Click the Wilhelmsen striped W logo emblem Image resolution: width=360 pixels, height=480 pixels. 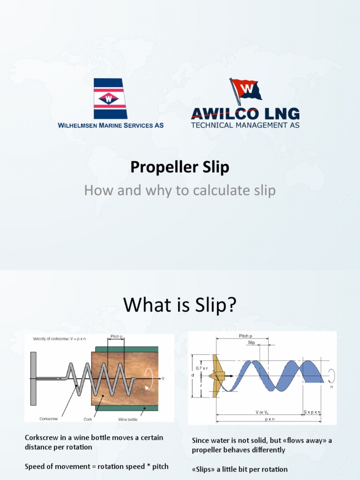tap(110, 98)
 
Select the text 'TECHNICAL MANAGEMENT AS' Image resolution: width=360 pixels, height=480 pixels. tap(245, 125)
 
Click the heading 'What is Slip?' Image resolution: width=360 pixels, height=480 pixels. tap(180, 306)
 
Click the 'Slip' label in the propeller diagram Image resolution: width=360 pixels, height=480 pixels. tap(251, 343)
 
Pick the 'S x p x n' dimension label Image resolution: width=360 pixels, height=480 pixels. tap(312, 412)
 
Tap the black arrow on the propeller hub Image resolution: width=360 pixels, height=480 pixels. tap(230, 376)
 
